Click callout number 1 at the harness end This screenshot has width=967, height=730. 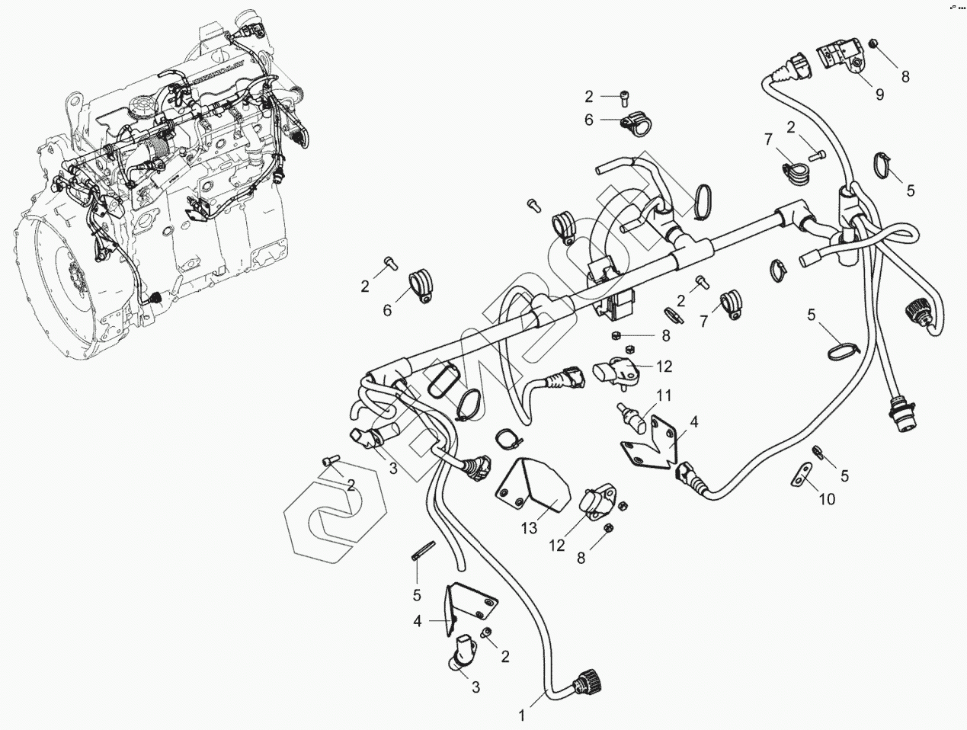coord(522,716)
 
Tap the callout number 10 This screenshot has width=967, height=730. coord(827,499)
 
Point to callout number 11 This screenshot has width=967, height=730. coord(664,395)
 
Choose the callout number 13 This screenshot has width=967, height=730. coord(529,527)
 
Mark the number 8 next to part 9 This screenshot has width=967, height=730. coord(905,76)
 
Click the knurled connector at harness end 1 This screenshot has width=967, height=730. coord(588,677)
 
